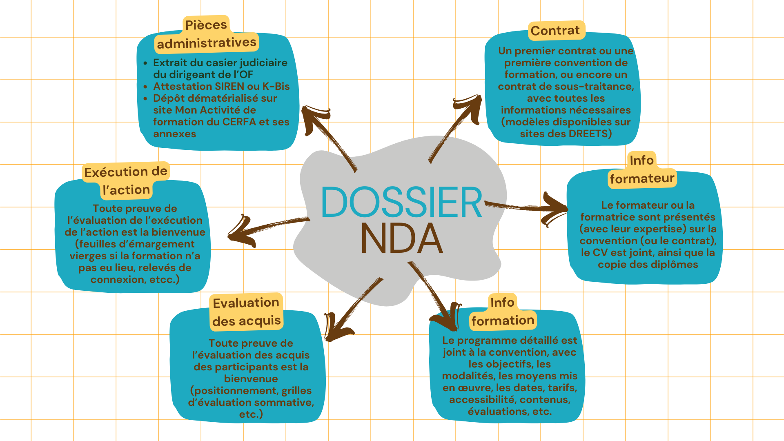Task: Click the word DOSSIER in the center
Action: [401, 202]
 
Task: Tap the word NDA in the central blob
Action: [401, 239]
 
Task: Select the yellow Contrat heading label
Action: [555, 31]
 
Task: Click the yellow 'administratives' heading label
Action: [207, 43]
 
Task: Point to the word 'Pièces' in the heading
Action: [206, 25]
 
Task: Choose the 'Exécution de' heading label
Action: [126, 172]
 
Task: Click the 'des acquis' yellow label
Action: [246, 321]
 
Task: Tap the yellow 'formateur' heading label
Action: [642, 178]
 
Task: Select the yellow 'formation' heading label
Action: [503, 321]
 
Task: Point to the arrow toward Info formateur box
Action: [527, 207]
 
